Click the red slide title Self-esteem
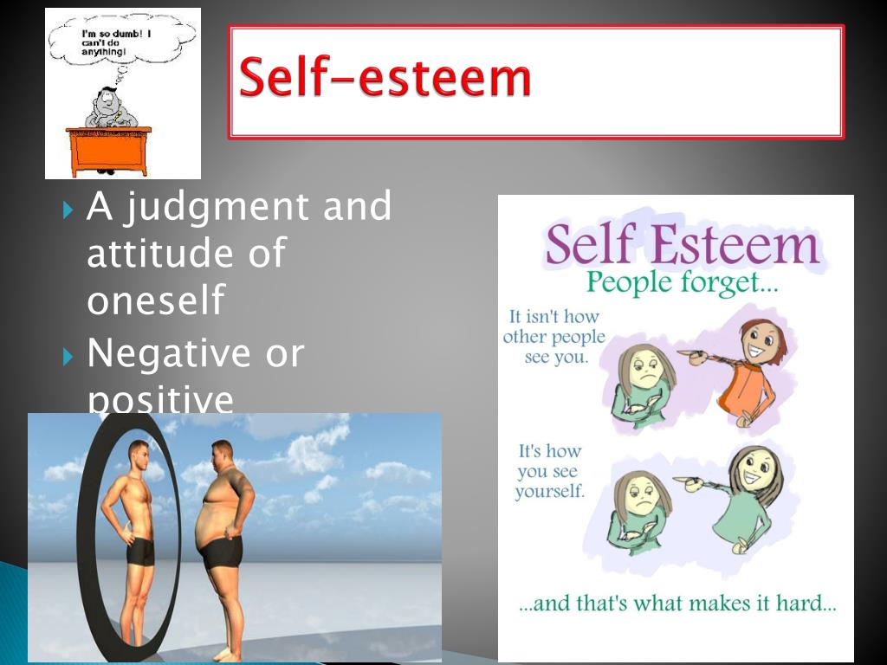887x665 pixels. [385, 79]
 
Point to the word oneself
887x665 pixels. [156, 300]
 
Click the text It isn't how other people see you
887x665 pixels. [554, 336]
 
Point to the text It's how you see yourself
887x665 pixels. [549, 471]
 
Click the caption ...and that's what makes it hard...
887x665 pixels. [677, 604]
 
